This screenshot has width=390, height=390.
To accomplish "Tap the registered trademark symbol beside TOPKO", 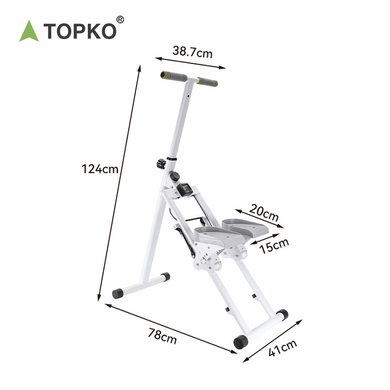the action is click(x=120, y=19).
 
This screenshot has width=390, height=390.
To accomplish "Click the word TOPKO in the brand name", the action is click(x=80, y=31).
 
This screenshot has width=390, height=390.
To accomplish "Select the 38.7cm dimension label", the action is click(x=192, y=52).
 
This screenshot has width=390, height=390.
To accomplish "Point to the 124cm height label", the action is click(x=100, y=169).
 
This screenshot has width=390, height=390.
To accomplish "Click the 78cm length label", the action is click(x=162, y=336).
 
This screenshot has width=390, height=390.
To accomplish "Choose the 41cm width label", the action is click(x=283, y=348).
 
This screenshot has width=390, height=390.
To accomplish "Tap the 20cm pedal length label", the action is click(x=264, y=213).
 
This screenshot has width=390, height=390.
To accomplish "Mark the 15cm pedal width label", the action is click(x=274, y=246).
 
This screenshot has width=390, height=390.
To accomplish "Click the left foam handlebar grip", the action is click(x=174, y=76).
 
